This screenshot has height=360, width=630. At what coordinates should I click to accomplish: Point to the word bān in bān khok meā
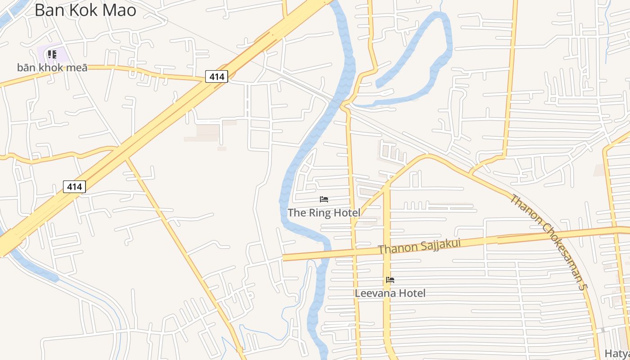click(x=27, y=68)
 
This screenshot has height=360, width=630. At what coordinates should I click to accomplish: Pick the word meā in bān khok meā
click(x=77, y=68)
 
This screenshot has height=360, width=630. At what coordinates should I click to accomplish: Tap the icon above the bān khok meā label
click(x=52, y=55)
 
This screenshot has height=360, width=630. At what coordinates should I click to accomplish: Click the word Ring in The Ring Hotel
click(x=321, y=213)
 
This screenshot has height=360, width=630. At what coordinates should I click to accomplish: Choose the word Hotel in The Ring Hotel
click(x=347, y=213)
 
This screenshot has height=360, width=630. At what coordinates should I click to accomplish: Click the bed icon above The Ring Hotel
click(x=324, y=199)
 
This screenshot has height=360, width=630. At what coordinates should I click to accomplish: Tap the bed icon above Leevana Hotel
click(x=390, y=280)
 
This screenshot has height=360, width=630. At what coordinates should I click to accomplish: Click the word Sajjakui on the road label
click(x=439, y=246)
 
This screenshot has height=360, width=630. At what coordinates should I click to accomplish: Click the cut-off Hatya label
click(x=616, y=354)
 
